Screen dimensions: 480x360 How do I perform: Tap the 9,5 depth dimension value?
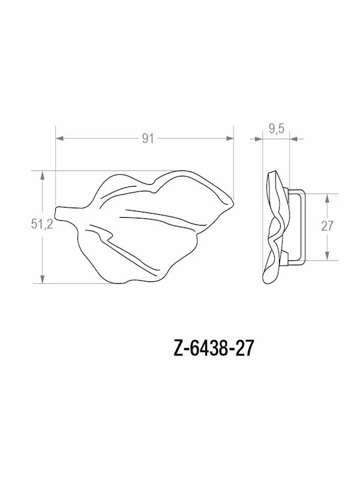(277, 128)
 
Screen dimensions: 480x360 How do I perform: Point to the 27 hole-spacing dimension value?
(327, 226)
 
